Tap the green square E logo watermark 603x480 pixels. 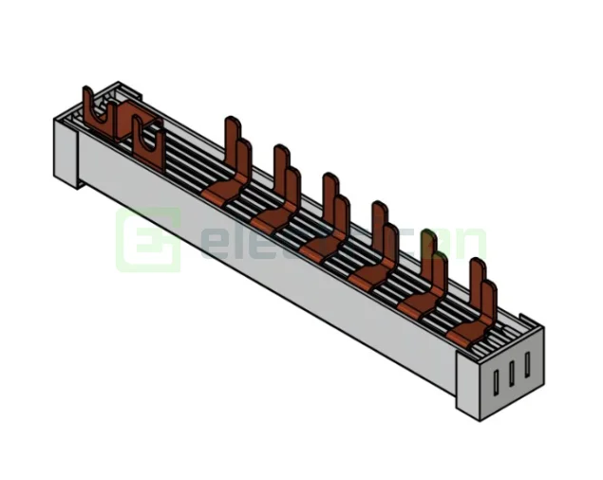[x=147, y=241]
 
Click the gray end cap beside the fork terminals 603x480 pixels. [x=66, y=152]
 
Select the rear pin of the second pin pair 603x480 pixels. [x=279, y=163]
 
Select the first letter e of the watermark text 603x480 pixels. [x=213, y=246]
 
